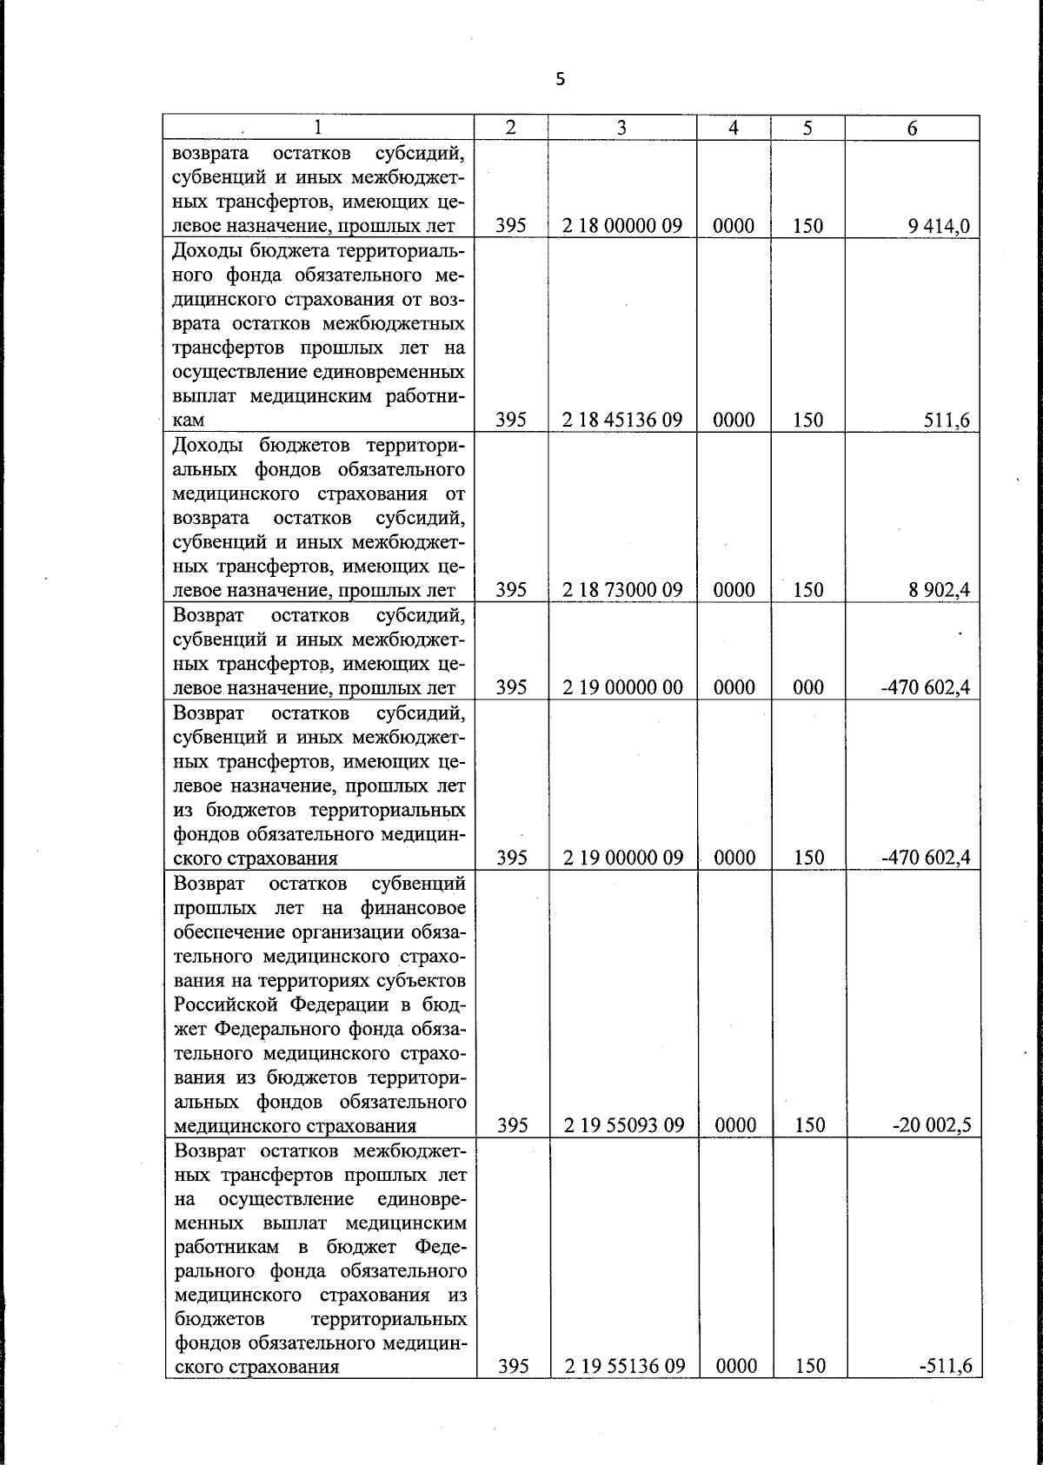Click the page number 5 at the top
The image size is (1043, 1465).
point(560,80)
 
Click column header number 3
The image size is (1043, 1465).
point(621,128)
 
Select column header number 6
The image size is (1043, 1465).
point(912,128)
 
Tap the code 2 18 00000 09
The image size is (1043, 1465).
point(621,226)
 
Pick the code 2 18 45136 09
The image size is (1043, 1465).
point(621,421)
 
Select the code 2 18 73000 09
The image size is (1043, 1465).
point(621,590)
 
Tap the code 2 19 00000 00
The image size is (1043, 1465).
point(621,687)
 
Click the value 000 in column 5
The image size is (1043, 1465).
point(808,687)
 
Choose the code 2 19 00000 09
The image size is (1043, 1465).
point(621,858)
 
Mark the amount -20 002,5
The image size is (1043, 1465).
point(932,1126)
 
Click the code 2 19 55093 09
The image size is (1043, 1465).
point(623,1125)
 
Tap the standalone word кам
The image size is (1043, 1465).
point(189,421)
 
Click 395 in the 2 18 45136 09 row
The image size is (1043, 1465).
point(512,421)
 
